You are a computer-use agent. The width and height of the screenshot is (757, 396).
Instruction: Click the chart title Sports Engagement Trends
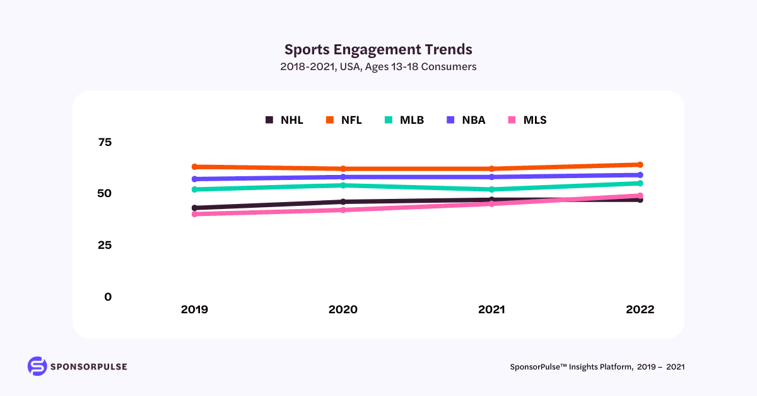point(378,49)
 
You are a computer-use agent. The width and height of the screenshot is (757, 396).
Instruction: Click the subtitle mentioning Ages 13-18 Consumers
point(378,66)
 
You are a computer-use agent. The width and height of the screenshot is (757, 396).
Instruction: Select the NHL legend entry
point(285,120)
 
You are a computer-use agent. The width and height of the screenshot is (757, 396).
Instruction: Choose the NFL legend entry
point(344,120)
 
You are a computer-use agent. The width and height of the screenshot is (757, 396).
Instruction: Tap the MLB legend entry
point(404,120)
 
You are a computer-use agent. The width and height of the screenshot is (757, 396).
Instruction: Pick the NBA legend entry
point(466,120)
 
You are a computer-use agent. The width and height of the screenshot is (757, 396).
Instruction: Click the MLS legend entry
point(528,120)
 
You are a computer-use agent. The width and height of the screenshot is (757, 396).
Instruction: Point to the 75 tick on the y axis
point(105,142)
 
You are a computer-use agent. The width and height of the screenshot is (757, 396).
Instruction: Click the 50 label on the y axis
point(105,193)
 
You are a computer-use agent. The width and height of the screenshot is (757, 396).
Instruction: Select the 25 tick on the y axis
point(105,245)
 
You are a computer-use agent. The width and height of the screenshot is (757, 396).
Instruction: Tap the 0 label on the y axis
point(108,297)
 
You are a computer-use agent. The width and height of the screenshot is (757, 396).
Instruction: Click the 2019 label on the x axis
point(194,310)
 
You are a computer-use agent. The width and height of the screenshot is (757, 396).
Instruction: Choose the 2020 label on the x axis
point(343,310)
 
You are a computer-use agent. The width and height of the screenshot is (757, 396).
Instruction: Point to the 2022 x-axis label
point(640,310)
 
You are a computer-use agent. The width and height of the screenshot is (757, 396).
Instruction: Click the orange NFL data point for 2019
point(195,167)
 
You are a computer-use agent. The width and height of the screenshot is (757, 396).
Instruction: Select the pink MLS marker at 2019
point(195,214)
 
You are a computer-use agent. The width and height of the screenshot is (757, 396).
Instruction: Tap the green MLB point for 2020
point(343,185)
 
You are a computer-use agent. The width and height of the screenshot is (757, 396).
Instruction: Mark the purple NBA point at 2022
point(640,175)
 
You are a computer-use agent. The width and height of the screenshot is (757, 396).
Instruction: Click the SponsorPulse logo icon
point(37,366)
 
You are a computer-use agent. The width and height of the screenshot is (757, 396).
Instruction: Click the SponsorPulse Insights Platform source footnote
point(597,367)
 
